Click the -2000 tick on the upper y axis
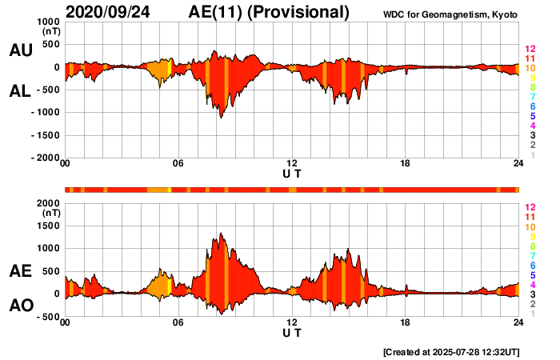tap(46, 158)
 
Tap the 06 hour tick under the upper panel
tap(178, 164)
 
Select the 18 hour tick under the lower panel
tap(405, 323)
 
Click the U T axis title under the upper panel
tap(292, 173)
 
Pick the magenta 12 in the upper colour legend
tap(529, 50)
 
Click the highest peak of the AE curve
tap(221, 234)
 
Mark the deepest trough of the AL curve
tap(221, 118)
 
